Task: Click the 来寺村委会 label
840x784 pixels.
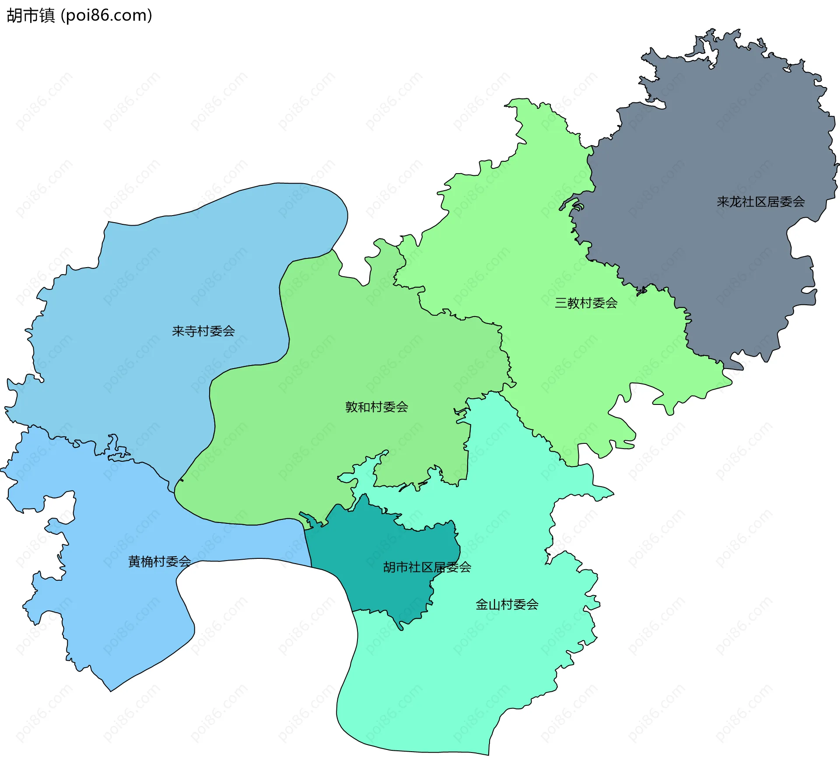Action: [203, 331]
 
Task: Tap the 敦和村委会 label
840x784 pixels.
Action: [376, 407]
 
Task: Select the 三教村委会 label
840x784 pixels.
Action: [586, 303]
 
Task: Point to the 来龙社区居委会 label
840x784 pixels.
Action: [760, 202]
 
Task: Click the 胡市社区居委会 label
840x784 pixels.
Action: [427, 567]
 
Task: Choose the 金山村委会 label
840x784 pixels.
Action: [507, 605]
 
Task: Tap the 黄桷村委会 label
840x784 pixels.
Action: [159, 561]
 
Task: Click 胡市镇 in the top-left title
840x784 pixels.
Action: [31, 16]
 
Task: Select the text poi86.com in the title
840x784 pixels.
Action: [107, 16]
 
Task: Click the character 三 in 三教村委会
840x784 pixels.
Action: [561, 303]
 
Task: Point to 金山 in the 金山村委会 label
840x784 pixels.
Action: [488, 605]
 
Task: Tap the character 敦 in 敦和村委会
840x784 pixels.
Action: [351, 407]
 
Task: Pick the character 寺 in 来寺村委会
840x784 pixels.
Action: [191, 331]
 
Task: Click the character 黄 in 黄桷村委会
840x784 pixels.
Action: [134, 561]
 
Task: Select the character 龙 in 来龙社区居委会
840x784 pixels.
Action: [735, 202]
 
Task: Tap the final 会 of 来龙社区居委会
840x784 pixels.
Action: [798, 202]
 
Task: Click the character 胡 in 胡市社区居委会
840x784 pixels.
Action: [389, 567]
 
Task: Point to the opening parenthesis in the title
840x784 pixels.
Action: [63, 16]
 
